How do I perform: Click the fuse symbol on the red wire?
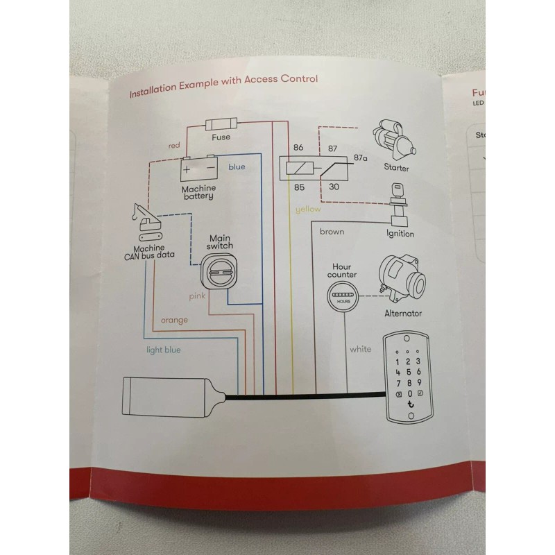(x=221, y=126)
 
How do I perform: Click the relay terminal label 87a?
(x=360, y=157)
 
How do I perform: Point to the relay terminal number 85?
(x=299, y=187)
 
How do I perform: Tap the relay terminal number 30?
(x=334, y=186)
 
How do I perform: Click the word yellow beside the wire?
(x=308, y=209)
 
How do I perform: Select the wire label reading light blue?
(x=164, y=350)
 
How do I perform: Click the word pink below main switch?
(x=200, y=296)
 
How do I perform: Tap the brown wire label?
(x=332, y=232)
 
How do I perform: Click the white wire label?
(x=361, y=349)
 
